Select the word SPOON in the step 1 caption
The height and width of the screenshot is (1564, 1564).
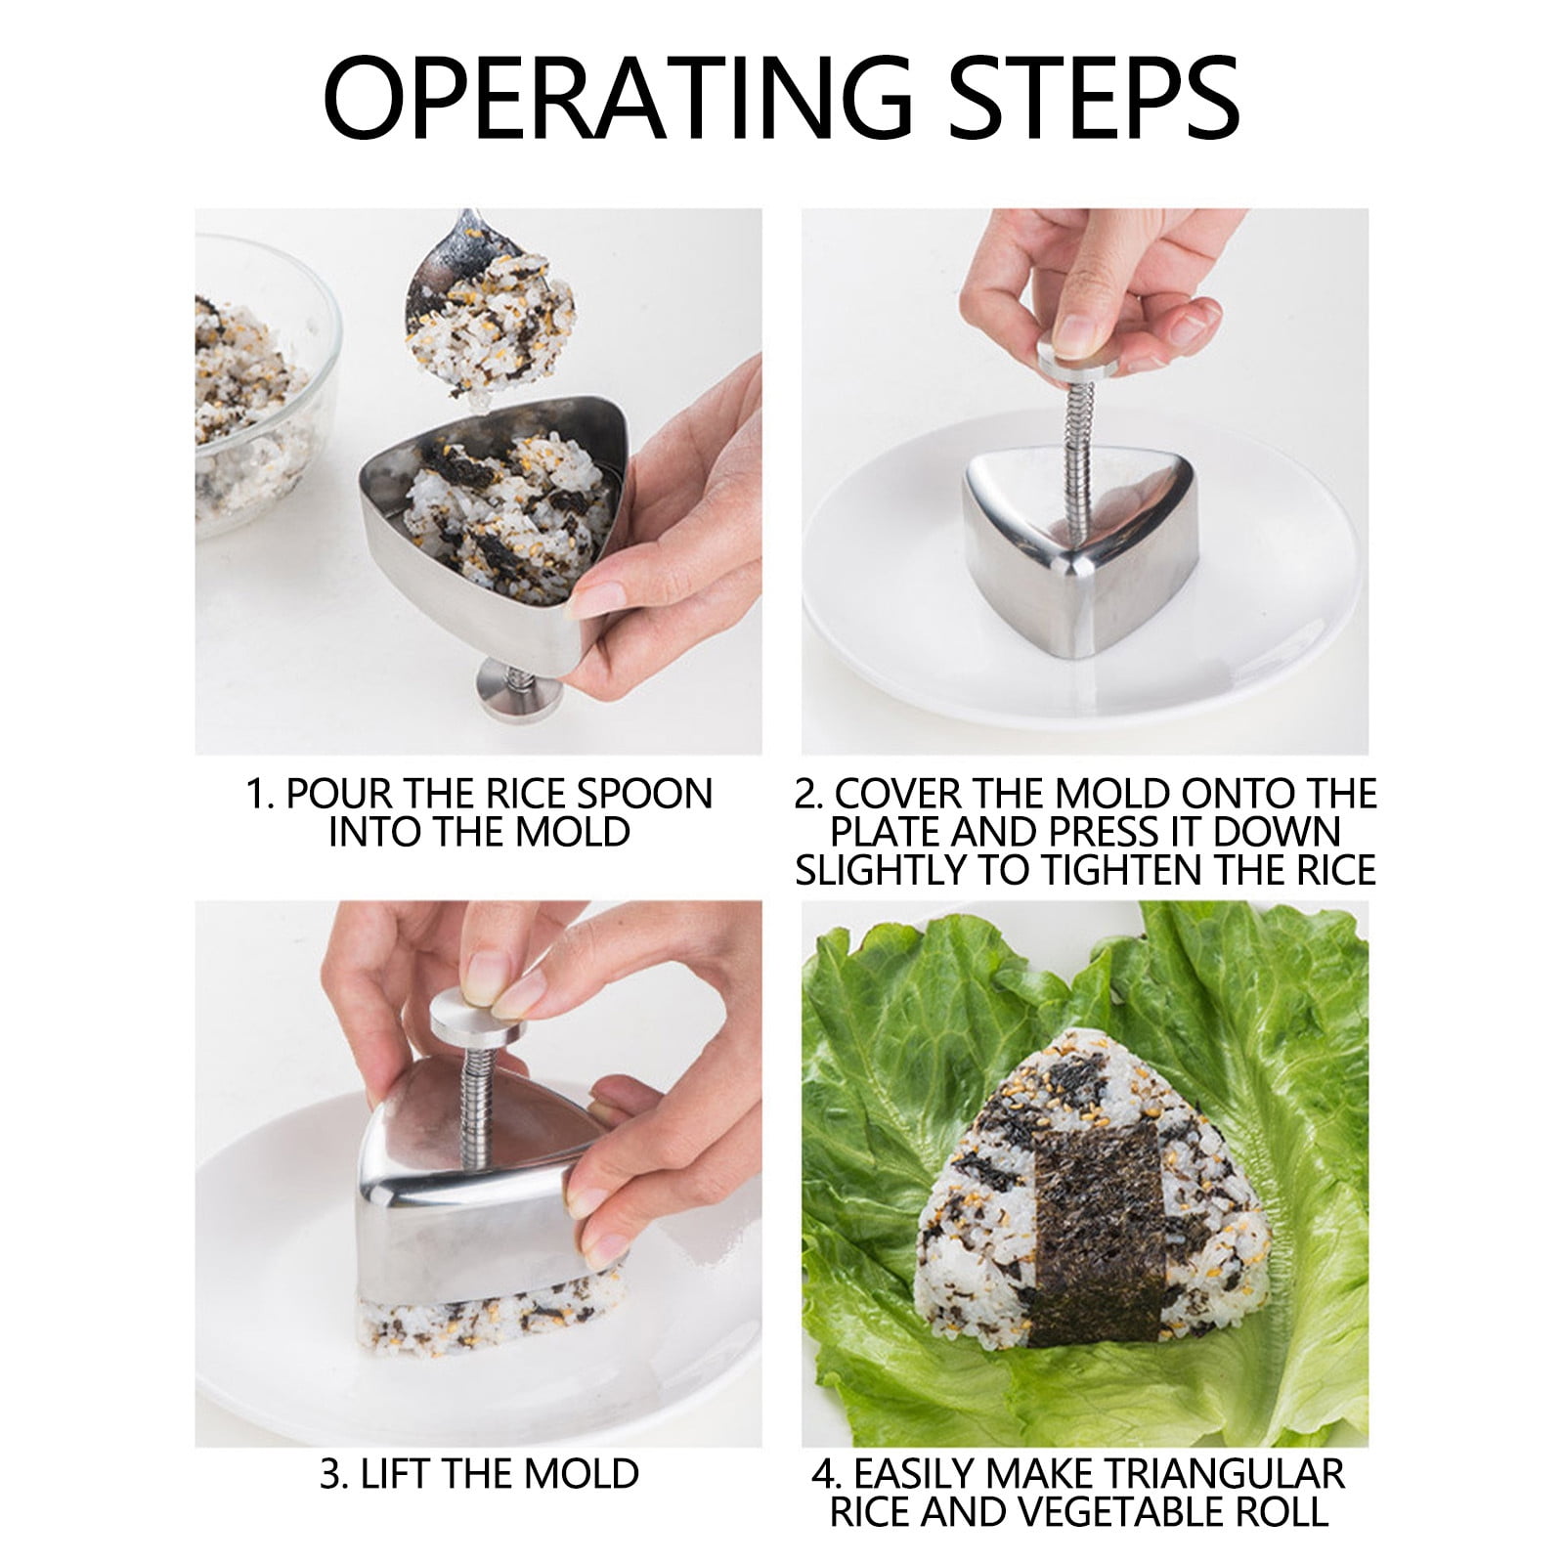(x=649, y=795)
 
